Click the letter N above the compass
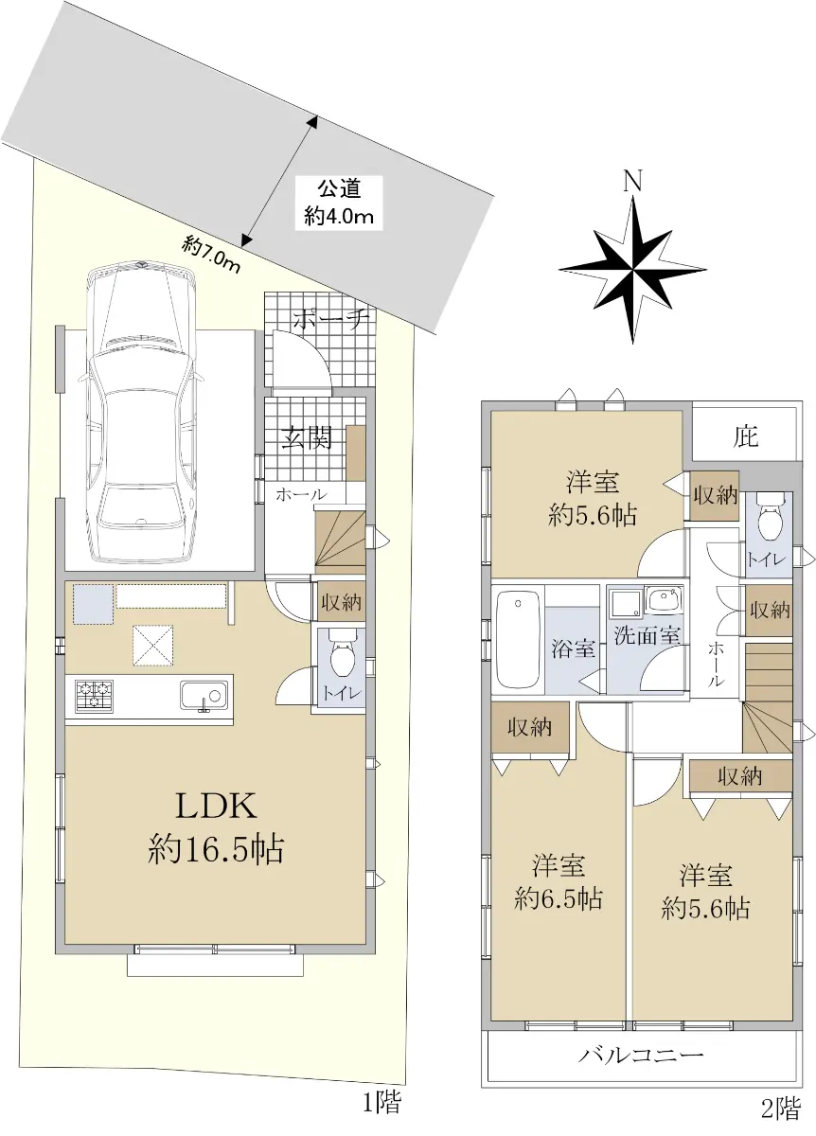click(633, 181)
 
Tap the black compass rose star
click(633, 270)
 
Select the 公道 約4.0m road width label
click(339, 203)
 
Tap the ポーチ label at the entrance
click(329, 319)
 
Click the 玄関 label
click(307, 437)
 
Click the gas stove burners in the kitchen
click(95, 695)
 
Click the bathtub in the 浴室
click(517, 640)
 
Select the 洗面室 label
click(647, 635)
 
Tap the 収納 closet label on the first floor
click(340, 603)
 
